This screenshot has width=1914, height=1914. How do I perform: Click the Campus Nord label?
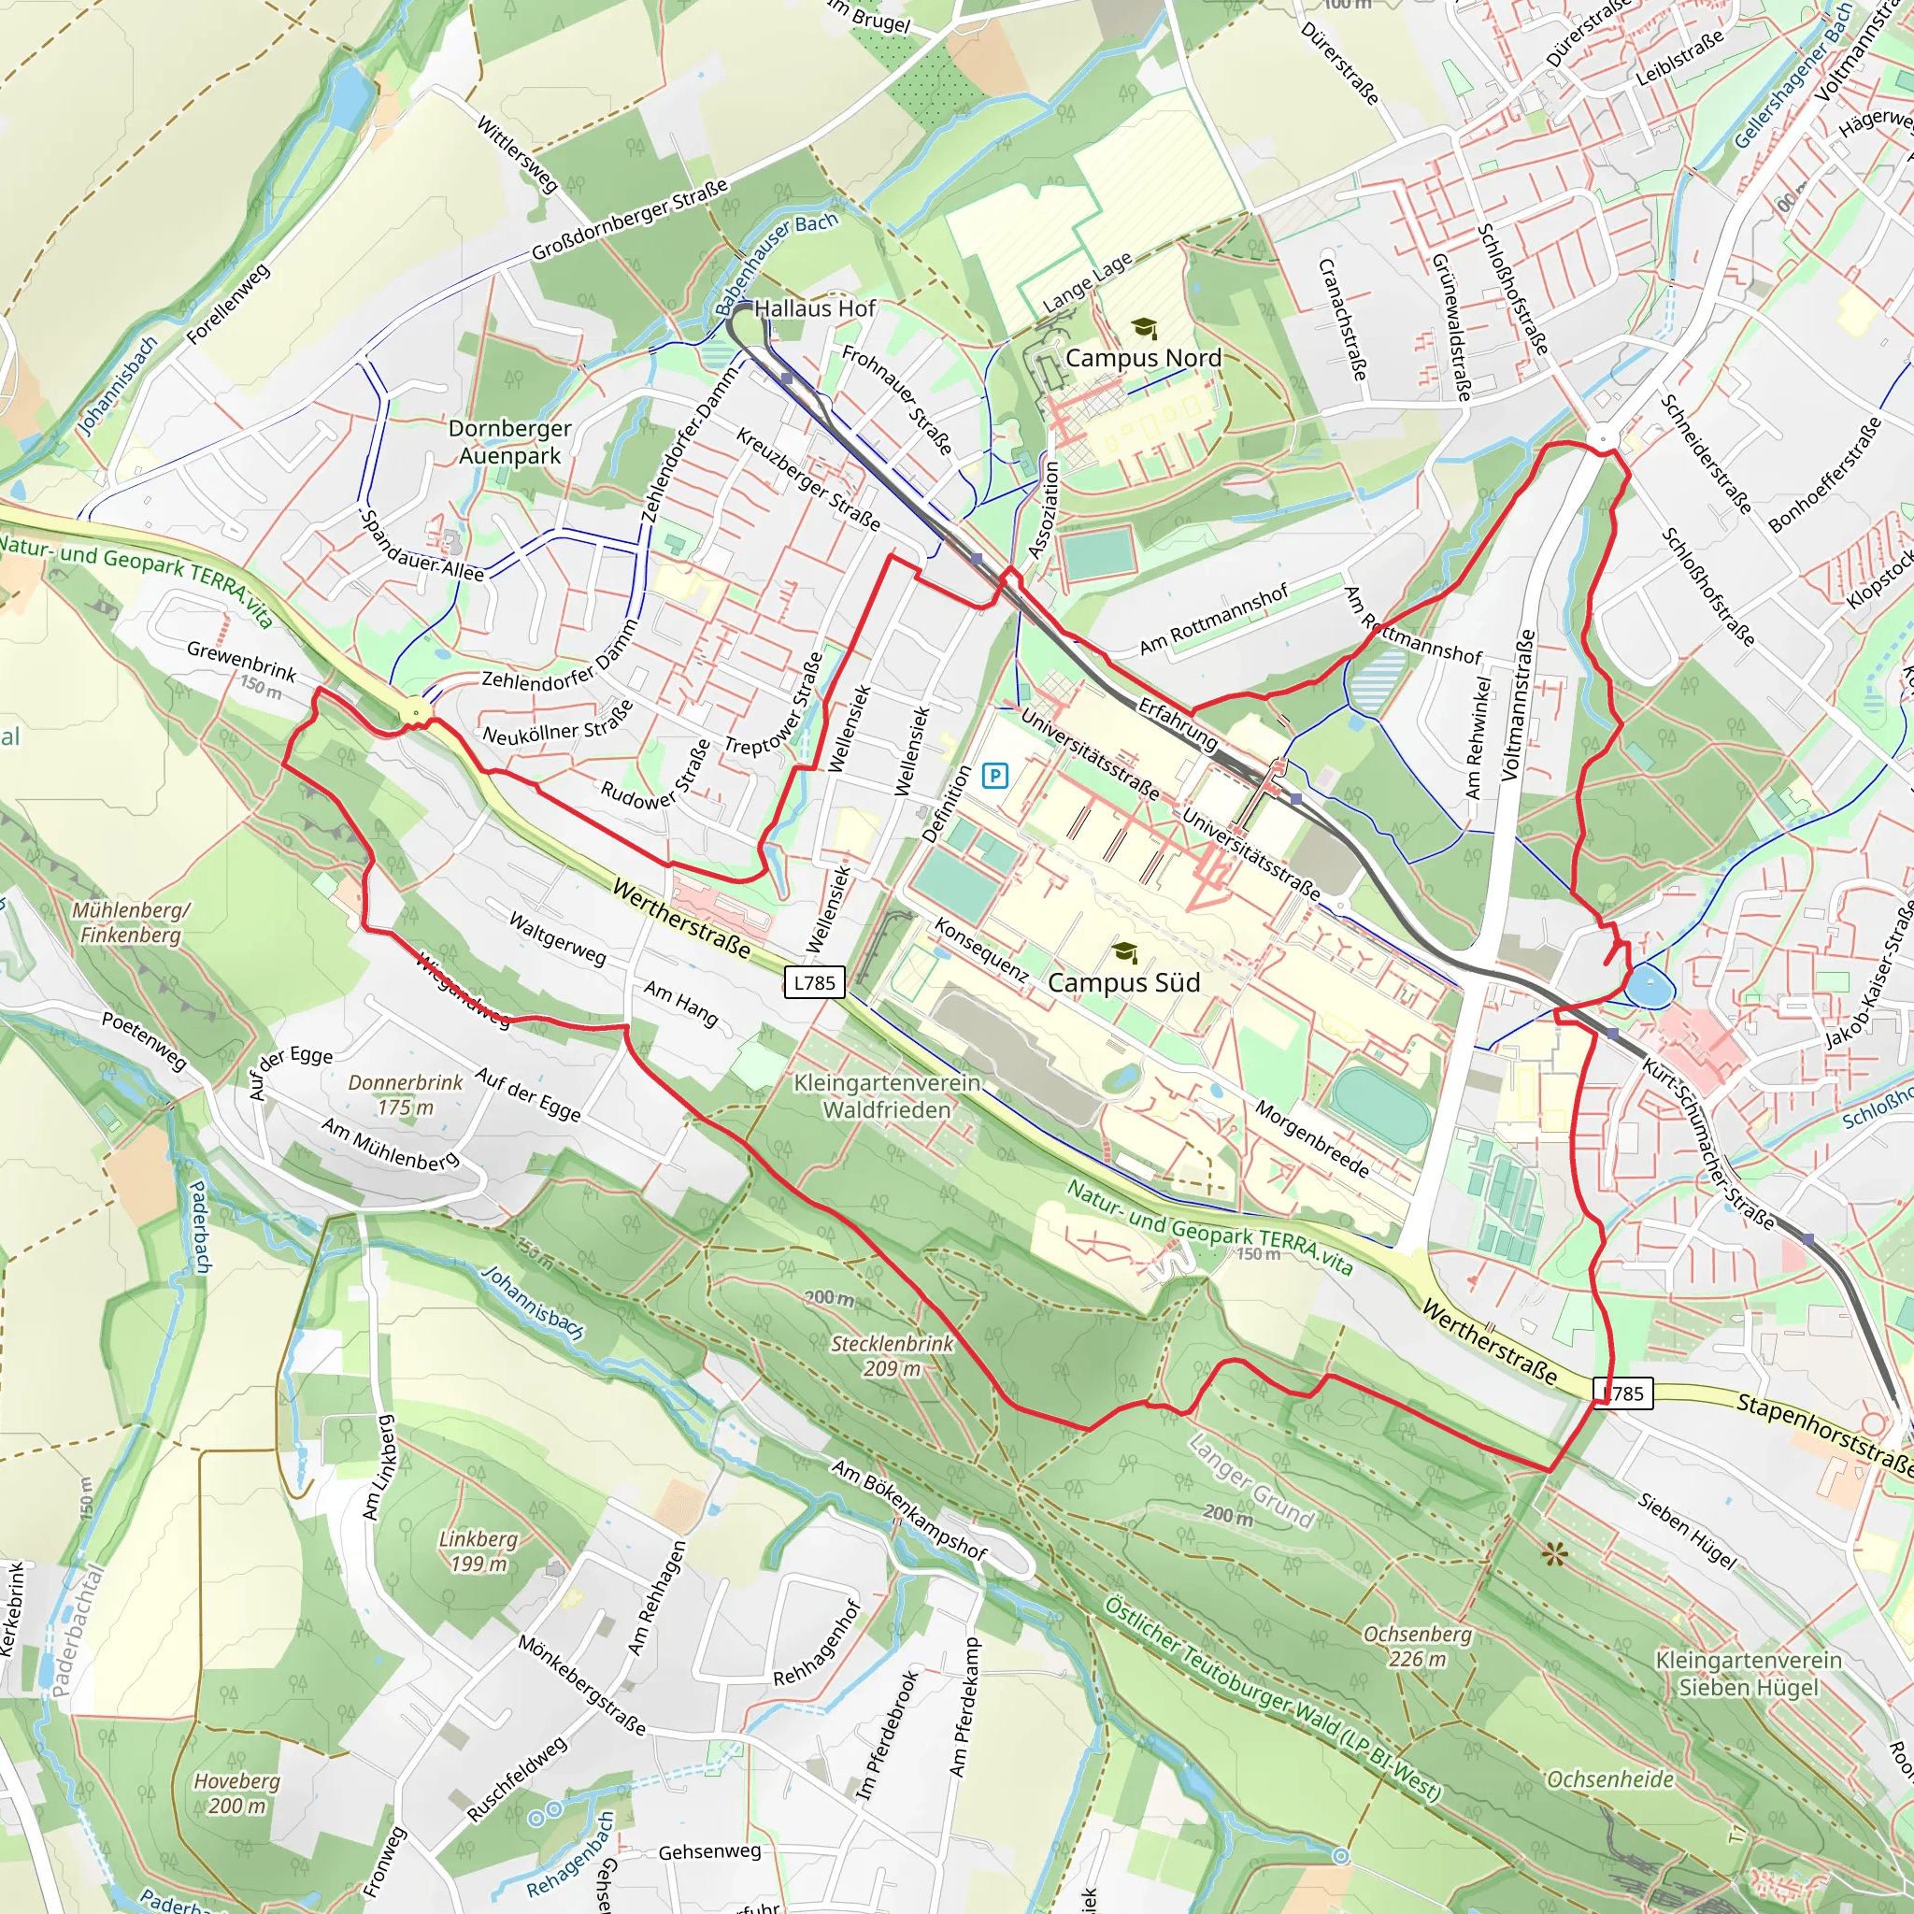pyautogui.click(x=1143, y=358)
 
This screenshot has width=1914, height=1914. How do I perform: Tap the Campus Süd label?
pyautogui.click(x=1123, y=983)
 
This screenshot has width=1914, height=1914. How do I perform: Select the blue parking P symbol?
pyautogui.click(x=994, y=776)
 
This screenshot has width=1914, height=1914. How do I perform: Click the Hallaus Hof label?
pyautogui.click(x=814, y=309)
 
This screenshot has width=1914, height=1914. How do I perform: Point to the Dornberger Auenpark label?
pyautogui.click(x=510, y=442)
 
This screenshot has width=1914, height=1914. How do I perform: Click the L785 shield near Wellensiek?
pyautogui.click(x=814, y=982)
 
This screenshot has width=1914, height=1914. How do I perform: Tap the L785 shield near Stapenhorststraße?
pyautogui.click(x=1623, y=1393)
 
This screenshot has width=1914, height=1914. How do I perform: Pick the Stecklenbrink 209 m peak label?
pyautogui.click(x=892, y=1356)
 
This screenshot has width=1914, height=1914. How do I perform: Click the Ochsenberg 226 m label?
pyautogui.click(x=1417, y=1647)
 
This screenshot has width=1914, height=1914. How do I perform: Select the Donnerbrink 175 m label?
pyautogui.click(x=407, y=1094)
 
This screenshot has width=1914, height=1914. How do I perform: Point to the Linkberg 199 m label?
pyautogui.click(x=478, y=1551)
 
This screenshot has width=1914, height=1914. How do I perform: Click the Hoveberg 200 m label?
pyautogui.click(x=236, y=1793)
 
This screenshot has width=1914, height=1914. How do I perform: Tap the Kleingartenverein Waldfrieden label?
pyautogui.click(x=888, y=1096)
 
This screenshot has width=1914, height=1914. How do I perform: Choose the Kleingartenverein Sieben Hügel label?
pyautogui.click(x=1749, y=1673)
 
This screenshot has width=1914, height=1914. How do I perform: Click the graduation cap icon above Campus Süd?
pyautogui.click(x=1124, y=952)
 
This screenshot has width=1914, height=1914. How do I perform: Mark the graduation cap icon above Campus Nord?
pyautogui.click(x=1144, y=328)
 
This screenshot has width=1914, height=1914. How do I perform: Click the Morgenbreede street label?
pyautogui.click(x=1313, y=1139)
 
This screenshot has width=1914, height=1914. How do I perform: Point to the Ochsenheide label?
pyautogui.click(x=1611, y=1780)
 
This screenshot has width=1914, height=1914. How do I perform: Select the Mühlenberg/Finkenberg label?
pyautogui.click(x=131, y=922)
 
